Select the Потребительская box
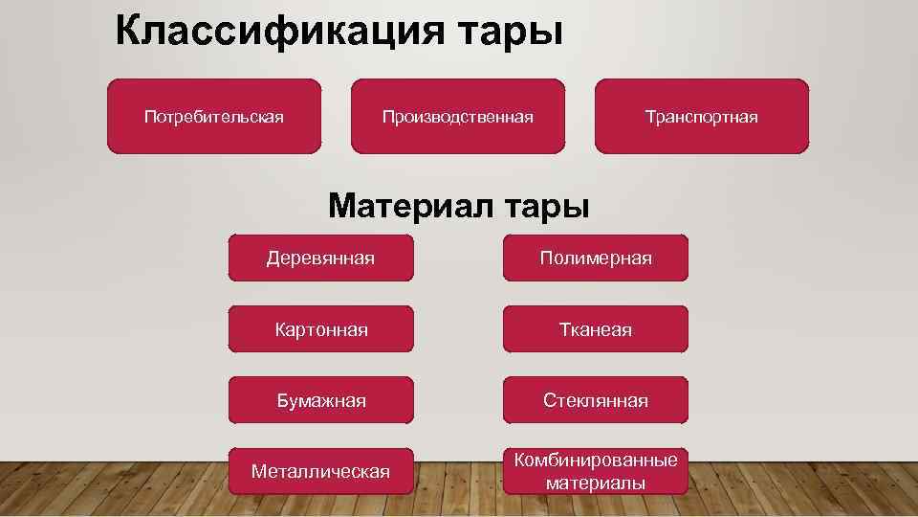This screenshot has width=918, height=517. pos(214,117)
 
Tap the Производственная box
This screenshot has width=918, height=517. pos(457,117)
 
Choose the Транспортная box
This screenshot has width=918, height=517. pos(701,117)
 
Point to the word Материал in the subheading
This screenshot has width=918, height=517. pos(407,205)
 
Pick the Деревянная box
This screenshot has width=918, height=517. pos(320,258)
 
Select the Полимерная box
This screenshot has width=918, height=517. pos(595,258)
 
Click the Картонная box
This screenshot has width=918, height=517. pos(320,329)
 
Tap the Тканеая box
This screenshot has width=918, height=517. pos(595,329)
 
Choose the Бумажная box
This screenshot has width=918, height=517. pos(320,400)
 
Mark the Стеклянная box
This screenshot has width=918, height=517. pos(595,400)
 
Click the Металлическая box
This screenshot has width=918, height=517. pos(320,471)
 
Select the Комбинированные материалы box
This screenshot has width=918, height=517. pos(595,471)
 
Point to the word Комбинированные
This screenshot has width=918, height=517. pos(595,461)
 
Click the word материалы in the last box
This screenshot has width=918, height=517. pos(595,483)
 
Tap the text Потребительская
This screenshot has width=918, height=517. pos(214,117)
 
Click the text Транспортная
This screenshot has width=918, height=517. pos(701,117)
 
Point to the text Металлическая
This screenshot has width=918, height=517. pos(320,471)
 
